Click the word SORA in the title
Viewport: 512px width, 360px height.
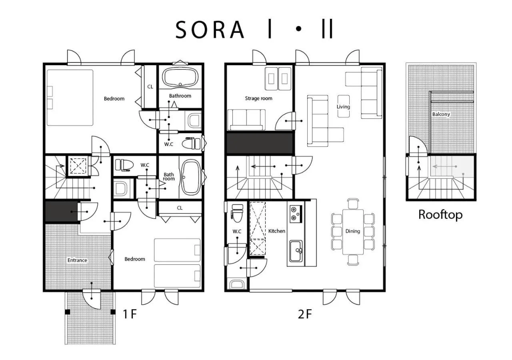coord(210,30)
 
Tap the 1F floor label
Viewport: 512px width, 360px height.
coord(130,314)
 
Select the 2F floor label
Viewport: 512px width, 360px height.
coord(305,314)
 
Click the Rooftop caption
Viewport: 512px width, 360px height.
coord(440,214)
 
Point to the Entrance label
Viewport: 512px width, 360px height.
coord(77,260)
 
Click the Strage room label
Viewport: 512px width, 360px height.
coord(258,98)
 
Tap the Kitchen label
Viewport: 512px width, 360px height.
coord(277,231)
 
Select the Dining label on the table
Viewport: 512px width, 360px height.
coord(353,231)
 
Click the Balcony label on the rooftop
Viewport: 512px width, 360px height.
coord(441,114)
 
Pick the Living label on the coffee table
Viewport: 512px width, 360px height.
coord(343,106)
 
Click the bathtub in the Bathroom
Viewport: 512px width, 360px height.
coord(181,77)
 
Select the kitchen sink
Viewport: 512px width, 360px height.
coord(296,251)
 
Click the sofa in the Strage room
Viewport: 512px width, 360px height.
coord(246,120)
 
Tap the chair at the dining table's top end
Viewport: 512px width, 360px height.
coord(353,203)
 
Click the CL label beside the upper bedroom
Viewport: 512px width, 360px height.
coord(150,86)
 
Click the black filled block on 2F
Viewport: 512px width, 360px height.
coord(260,143)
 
